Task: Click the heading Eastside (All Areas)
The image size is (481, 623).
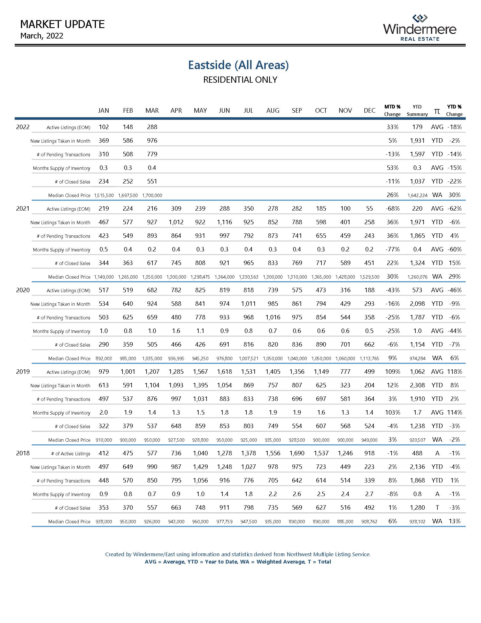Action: coord(238,65)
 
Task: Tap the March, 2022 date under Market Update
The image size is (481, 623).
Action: coord(42,36)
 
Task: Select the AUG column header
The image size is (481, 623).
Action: coord(272,110)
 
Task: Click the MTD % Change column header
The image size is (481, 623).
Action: coord(392,110)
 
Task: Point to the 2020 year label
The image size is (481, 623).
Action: coord(23,290)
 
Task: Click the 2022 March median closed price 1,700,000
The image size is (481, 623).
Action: coord(152,195)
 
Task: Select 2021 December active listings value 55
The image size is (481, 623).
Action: coord(369,208)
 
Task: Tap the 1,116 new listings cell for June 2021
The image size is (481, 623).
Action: coord(224,222)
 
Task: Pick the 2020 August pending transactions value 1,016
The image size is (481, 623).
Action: coord(273,317)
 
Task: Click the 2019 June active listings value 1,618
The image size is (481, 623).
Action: coord(224,372)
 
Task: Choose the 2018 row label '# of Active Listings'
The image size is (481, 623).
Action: coord(71,454)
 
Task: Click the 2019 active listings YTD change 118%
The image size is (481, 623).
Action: coord(454,372)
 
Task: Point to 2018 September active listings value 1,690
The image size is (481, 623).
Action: coord(297,453)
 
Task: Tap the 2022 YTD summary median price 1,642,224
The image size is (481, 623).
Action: coord(417,195)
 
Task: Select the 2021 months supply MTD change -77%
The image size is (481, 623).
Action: coord(392,249)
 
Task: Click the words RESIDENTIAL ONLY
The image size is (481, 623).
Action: coord(240,80)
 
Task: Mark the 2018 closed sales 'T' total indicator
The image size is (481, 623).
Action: coord(437,507)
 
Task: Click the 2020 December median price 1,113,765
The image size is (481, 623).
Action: coord(369,359)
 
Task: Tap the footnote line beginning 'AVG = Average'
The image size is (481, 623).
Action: coord(238,562)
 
